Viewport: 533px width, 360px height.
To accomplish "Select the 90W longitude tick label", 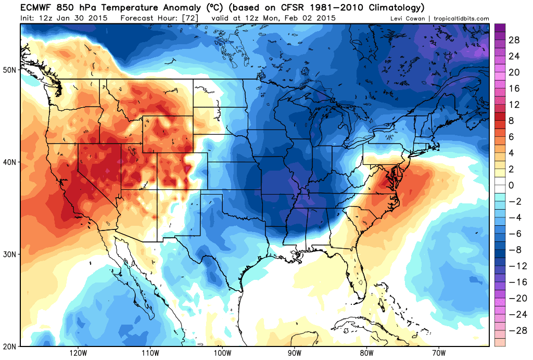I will click(x=294, y=353).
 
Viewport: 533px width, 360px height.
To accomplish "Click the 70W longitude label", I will click(x=438, y=353).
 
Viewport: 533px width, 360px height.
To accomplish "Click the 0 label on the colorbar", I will click(x=511, y=185).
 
